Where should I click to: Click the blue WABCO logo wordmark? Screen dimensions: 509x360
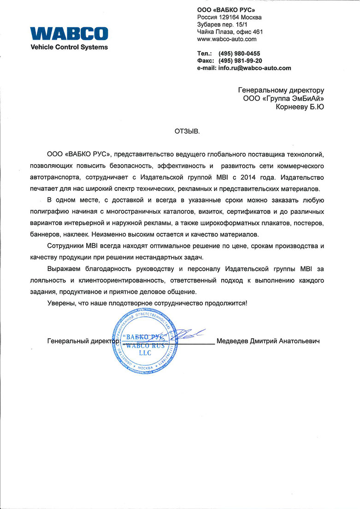pyautogui.click(x=69, y=34)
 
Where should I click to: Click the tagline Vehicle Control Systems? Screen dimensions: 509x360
pyautogui.click(x=69, y=47)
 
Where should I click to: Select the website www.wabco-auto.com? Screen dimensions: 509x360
pyautogui.click(x=226, y=39)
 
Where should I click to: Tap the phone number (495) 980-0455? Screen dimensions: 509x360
pyautogui.click(x=242, y=53)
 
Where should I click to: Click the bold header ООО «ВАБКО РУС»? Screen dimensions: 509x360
pyautogui.click(x=226, y=10)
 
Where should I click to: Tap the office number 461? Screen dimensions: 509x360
pyautogui.click(x=258, y=32)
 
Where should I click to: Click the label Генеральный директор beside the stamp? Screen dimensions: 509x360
pyautogui.click(x=83, y=341)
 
